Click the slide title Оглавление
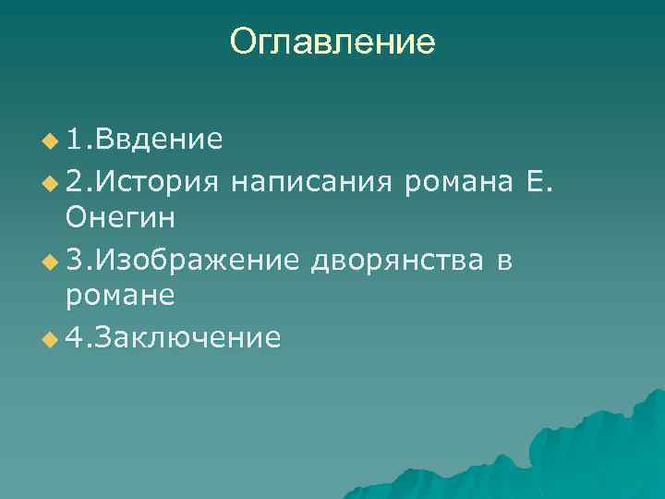coord(332,42)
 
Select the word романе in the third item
coord(120,298)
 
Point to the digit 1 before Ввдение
coord(76,140)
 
